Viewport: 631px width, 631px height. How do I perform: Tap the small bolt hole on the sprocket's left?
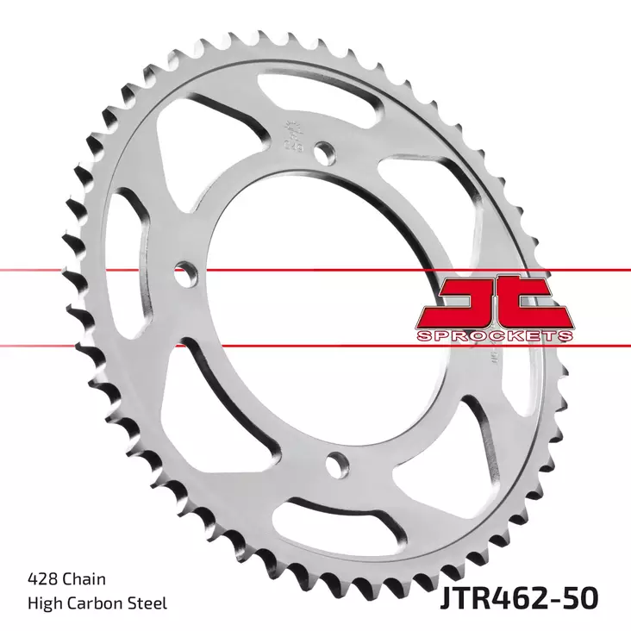182,276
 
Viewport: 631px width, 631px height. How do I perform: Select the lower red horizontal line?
172,347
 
